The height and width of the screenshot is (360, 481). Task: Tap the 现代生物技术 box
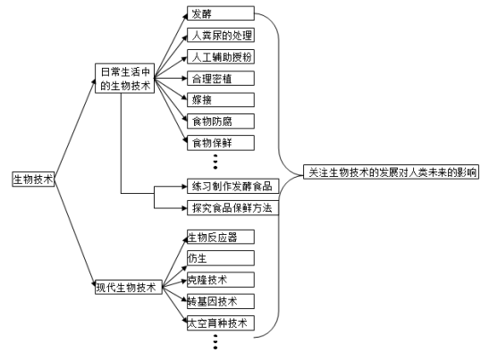click(126, 288)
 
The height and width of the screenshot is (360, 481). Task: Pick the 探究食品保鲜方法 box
click(230, 207)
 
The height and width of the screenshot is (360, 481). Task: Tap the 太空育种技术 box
click(218, 322)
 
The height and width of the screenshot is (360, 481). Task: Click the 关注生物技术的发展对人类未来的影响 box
click(392, 172)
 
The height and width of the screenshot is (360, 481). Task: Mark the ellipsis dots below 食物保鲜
click(216, 162)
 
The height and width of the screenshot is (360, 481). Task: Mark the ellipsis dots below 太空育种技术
click(216, 343)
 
